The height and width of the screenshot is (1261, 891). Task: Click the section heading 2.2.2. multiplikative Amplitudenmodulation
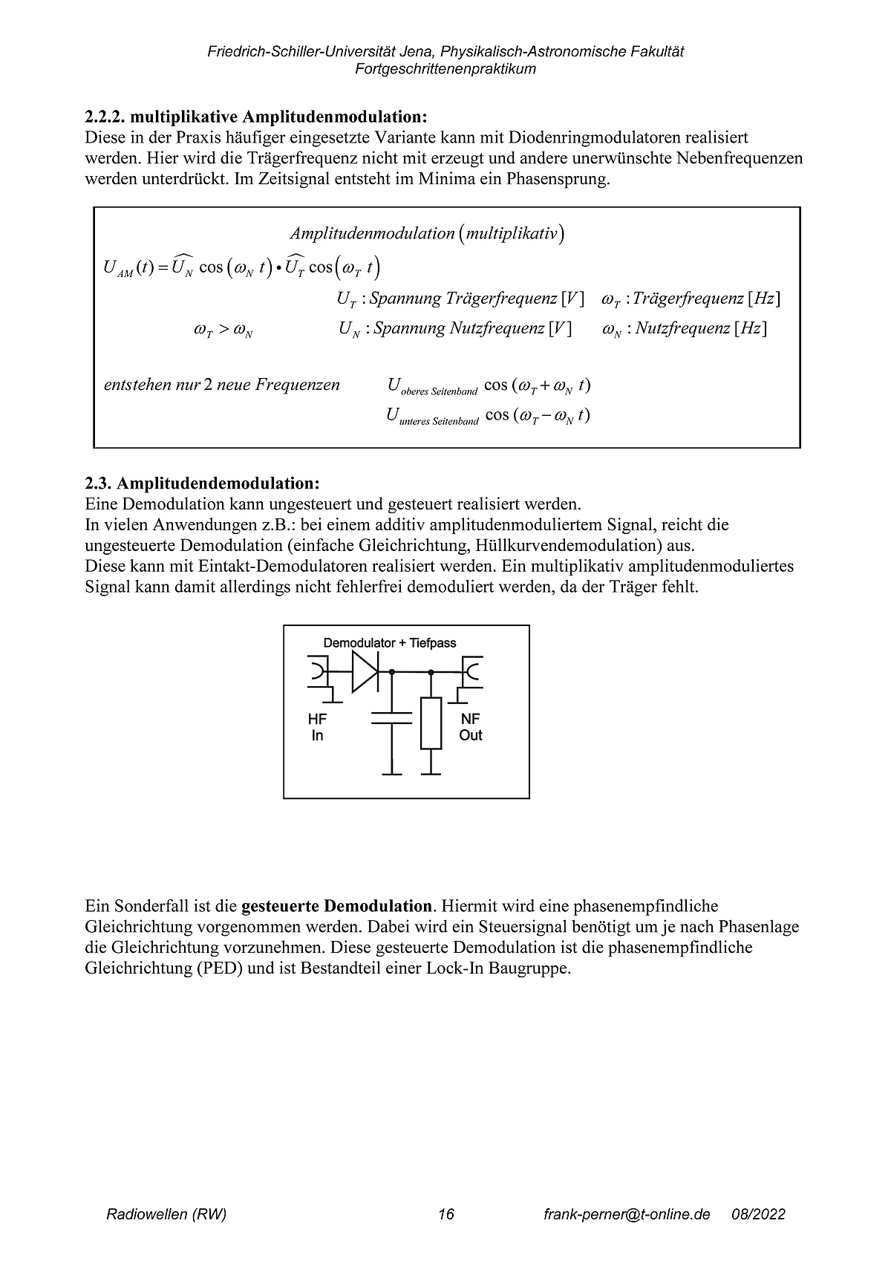[256, 117]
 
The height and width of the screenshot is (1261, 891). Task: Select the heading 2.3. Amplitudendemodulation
[202, 483]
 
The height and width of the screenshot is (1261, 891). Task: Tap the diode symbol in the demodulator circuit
[365, 672]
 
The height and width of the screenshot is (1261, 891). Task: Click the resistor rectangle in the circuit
[431, 723]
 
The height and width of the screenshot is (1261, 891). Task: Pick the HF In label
[317, 727]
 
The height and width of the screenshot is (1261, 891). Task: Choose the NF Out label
[471, 727]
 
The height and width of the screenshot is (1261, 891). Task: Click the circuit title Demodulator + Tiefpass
[390, 642]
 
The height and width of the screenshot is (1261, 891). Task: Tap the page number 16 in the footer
[446, 1214]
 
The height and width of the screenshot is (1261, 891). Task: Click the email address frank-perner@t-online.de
[627, 1214]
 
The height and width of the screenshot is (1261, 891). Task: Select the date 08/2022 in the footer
[758, 1214]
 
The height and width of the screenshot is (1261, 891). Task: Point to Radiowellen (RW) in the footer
[166, 1214]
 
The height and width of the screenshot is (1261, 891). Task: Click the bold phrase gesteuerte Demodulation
[337, 906]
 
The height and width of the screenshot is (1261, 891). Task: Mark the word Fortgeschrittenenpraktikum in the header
[446, 69]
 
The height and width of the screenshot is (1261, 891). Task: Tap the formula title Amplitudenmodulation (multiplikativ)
[427, 233]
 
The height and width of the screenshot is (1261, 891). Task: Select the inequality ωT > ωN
[223, 330]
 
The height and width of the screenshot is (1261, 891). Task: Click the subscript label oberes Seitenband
[439, 391]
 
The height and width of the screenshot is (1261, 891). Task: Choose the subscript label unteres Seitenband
[439, 420]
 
